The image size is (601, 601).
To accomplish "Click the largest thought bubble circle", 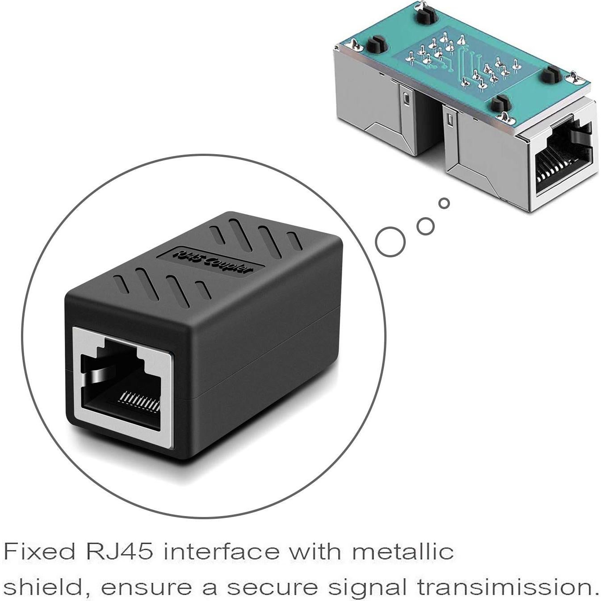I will (x=390, y=242).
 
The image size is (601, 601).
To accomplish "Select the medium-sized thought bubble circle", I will (x=425, y=226).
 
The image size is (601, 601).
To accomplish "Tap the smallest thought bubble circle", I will (x=444, y=204).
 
